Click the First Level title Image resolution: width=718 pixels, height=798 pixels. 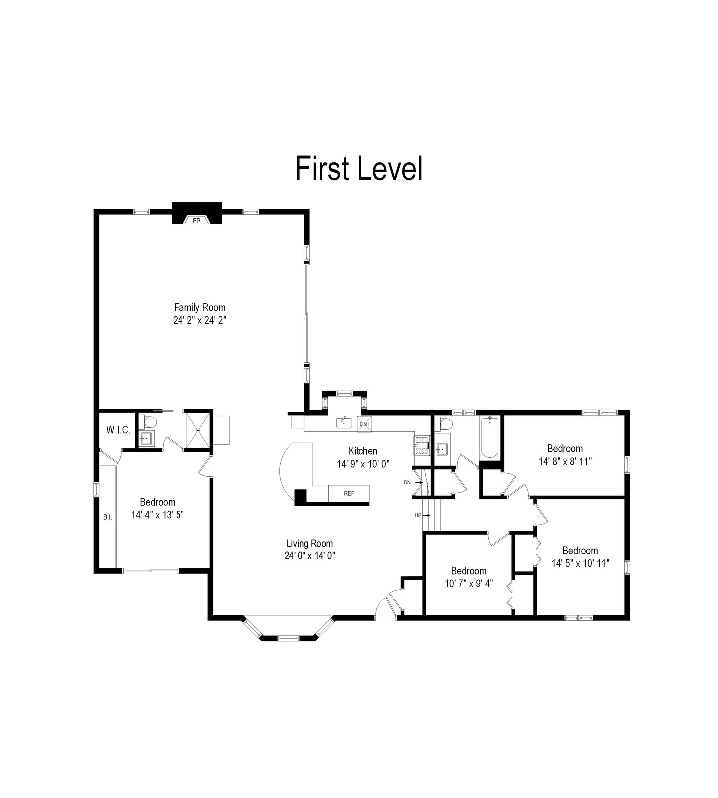pos(359,168)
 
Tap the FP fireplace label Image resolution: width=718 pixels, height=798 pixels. pos(196,221)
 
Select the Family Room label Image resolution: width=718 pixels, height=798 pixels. pos(199,308)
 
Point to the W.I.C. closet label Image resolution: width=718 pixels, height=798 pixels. pos(118,430)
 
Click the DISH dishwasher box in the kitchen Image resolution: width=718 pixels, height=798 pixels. pos(364,424)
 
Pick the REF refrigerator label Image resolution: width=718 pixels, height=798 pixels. pos(349,493)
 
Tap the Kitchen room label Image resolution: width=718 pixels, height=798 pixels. pos(362,451)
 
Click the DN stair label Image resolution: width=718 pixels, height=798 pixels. pos(407,482)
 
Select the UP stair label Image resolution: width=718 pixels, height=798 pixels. pos(418,515)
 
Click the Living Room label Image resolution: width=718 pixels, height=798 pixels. pos(309,543)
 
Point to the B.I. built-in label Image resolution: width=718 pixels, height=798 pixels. pos(107,517)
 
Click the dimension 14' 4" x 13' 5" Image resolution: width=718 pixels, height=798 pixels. pos(158,515)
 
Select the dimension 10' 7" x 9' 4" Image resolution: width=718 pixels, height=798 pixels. pos(469,583)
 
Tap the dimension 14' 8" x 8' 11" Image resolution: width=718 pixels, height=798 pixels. pos(565,461)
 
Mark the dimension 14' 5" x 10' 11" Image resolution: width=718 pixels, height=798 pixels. pos(580,563)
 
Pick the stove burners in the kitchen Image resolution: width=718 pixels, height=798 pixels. pos(421,445)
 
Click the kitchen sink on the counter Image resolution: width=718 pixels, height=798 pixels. pos(344,423)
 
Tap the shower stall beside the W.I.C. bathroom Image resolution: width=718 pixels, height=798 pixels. pos(198,429)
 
